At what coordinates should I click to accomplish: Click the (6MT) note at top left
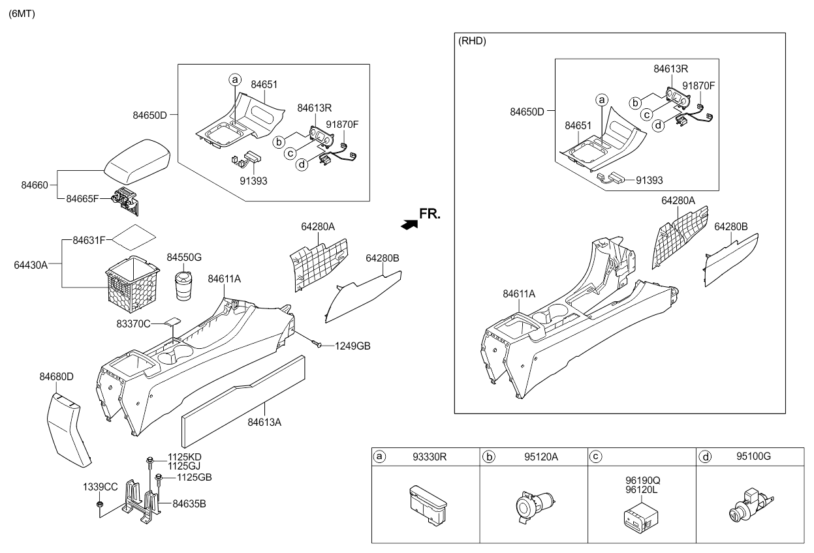pos(22,14)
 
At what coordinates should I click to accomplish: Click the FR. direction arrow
pos(409,224)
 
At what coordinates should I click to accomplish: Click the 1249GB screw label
pos(353,346)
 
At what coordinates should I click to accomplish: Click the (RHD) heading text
pos(473,40)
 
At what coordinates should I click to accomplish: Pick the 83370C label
pos(133,323)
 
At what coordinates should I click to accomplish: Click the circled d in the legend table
pos(706,456)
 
